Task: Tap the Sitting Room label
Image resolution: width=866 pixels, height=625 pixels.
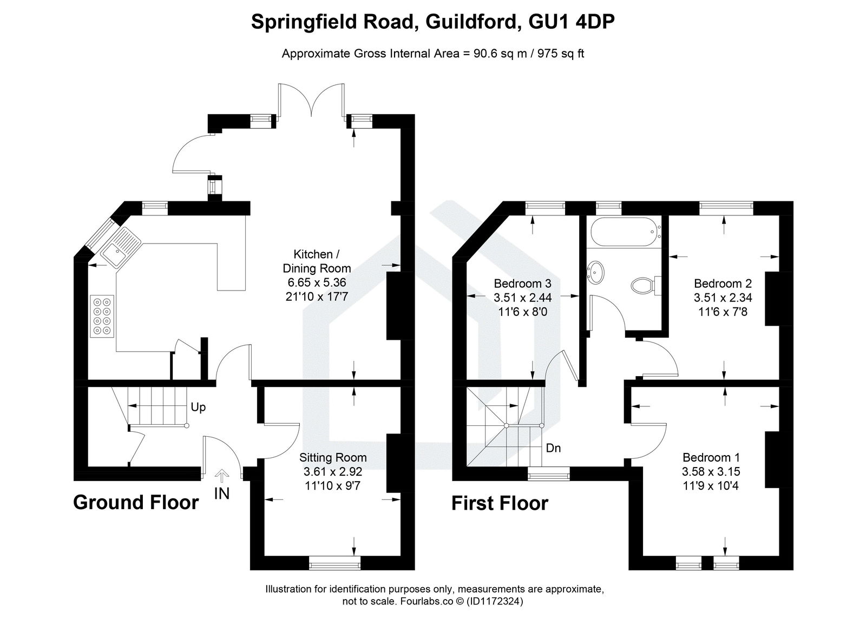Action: point(333,458)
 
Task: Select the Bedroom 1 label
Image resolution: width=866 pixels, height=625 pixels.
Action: point(711,457)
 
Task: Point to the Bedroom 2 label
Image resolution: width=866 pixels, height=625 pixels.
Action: point(723,284)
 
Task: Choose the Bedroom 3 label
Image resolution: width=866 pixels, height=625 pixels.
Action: point(522,284)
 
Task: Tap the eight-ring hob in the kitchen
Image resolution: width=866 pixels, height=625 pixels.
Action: point(102,317)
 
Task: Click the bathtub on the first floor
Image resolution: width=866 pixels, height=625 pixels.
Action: point(623,232)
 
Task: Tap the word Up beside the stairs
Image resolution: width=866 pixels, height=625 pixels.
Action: point(198,407)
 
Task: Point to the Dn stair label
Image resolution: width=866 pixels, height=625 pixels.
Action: point(553,448)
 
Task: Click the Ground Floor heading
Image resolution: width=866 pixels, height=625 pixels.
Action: point(136,502)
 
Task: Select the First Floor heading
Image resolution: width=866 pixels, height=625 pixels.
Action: point(500,503)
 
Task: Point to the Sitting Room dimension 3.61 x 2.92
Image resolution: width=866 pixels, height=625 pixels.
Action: point(333,472)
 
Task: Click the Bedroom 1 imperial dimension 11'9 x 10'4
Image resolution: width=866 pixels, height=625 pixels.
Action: point(711,485)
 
